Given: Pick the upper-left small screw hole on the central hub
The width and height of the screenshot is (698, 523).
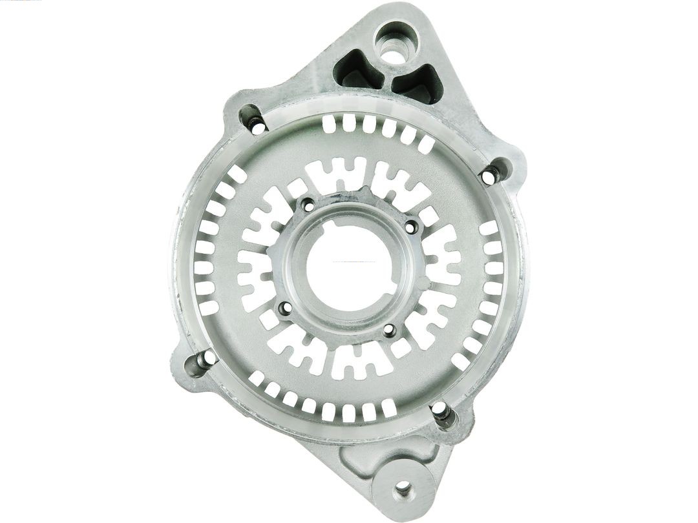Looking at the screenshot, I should [x=308, y=205].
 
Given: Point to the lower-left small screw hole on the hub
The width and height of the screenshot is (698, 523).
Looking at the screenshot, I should [x=284, y=309].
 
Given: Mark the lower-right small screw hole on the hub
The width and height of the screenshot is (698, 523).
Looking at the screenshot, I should [x=388, y=331].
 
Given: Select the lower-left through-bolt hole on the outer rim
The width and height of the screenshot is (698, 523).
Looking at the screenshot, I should [x=208, y=357].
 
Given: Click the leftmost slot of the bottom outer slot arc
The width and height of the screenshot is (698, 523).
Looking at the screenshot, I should [x=257, y=378].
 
